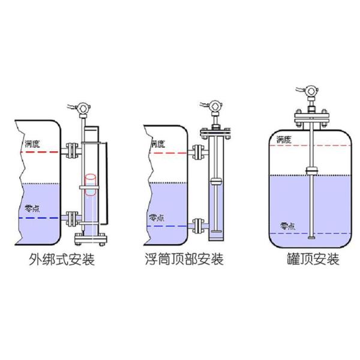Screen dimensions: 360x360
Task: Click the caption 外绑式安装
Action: [x=62, y=260]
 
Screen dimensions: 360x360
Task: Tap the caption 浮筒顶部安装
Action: [x=184, y=260]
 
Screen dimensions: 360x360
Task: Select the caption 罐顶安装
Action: [x=313, y=260]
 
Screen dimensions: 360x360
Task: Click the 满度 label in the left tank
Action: [x=32, y=145]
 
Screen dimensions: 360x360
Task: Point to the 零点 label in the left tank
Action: [x=32, y=209]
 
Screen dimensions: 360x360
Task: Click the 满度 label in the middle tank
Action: [x=157, y=144]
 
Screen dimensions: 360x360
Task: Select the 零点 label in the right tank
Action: [x=287, y=226]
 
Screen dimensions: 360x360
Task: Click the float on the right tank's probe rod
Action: [x=310, y=171]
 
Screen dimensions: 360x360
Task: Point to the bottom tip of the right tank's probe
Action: [x=310, y=238]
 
